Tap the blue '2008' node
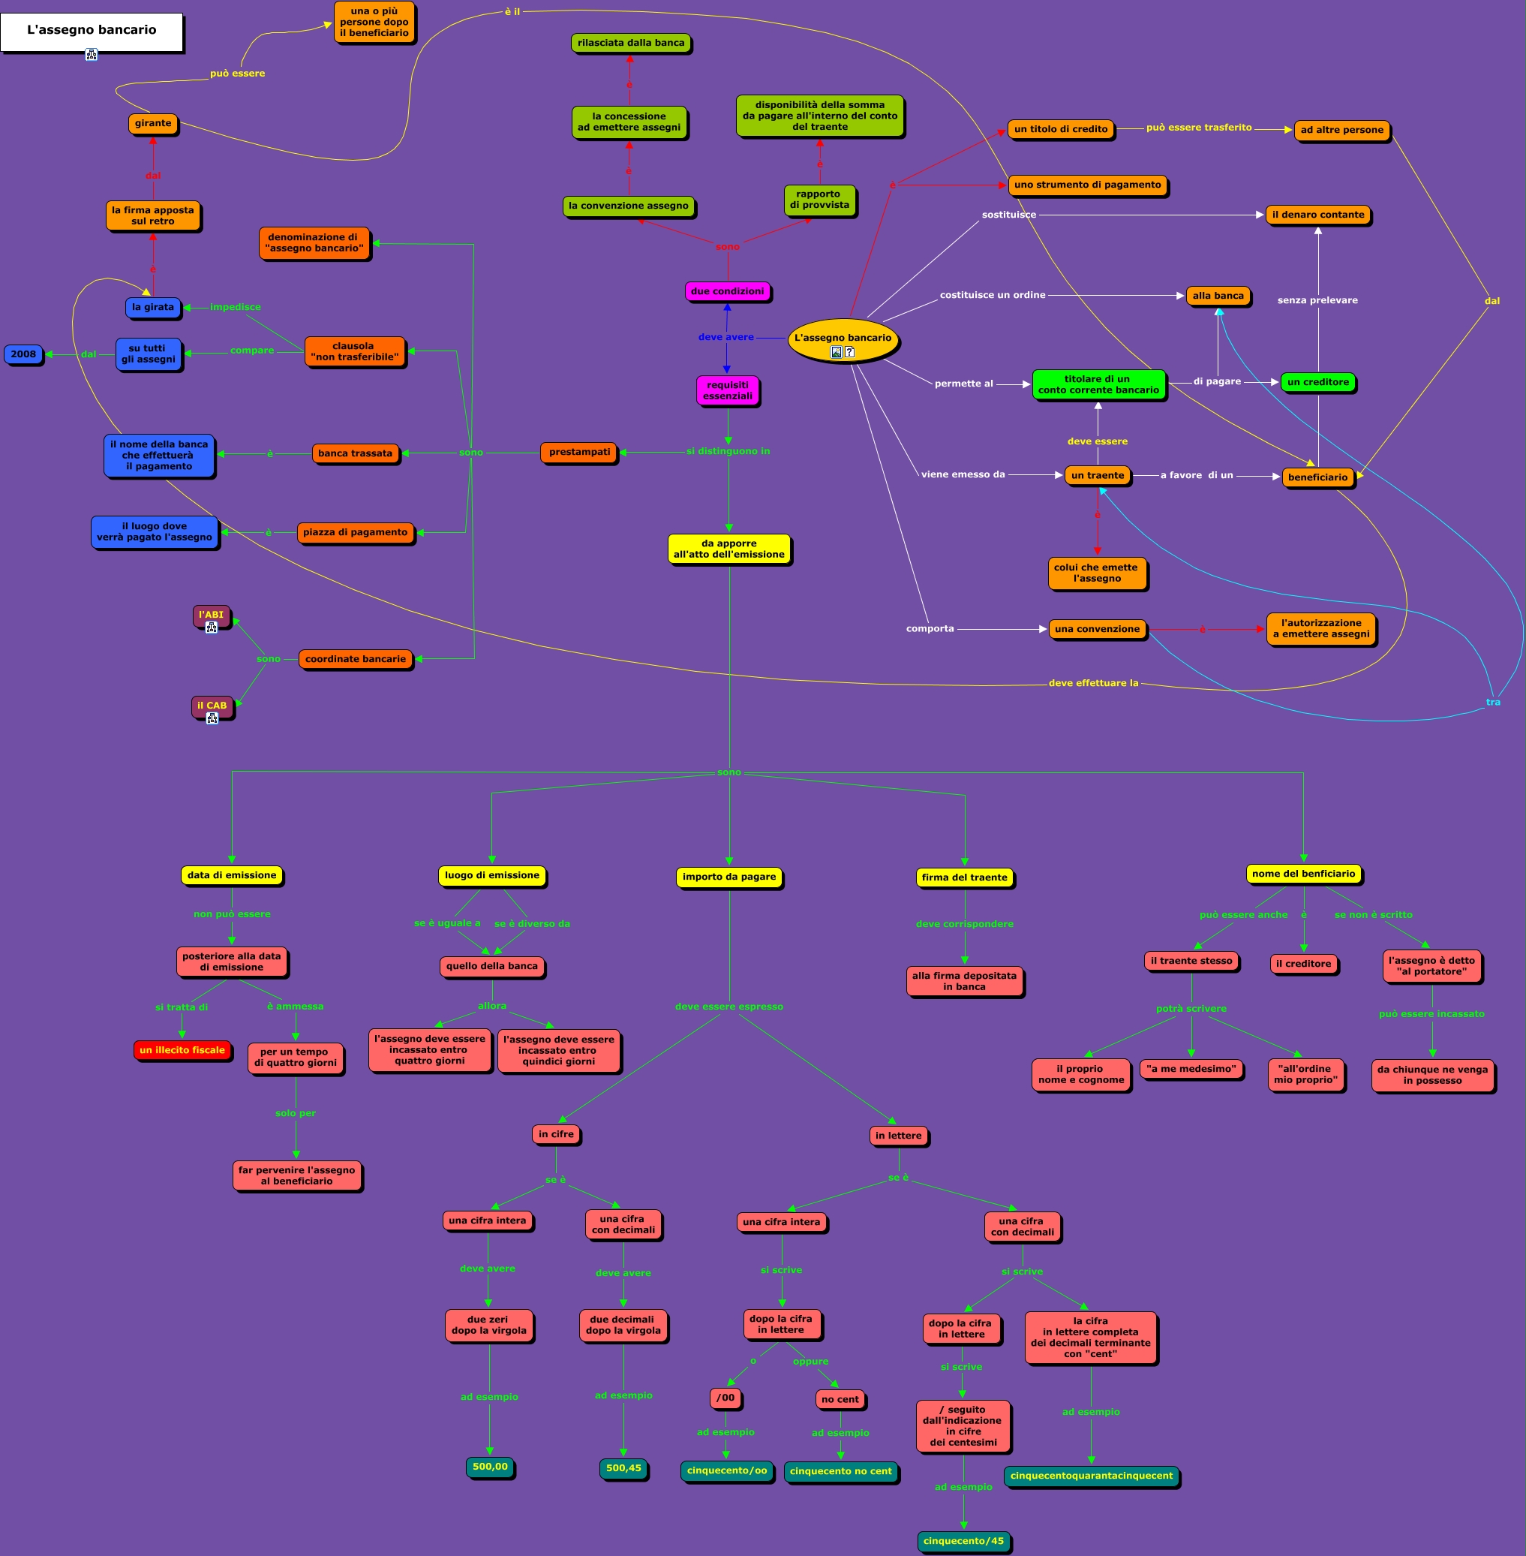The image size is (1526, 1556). pos(23,354)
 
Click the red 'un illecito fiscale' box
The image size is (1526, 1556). pos(182,1050)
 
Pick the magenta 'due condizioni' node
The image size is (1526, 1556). pos(727,292)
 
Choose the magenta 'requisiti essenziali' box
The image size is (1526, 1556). pos(727,390)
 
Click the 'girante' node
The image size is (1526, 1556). pos(152,123)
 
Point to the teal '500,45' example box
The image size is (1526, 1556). pos(623,1468)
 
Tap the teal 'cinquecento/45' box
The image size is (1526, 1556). pos(963,1541)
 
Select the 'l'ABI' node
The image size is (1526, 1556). pos(211,615)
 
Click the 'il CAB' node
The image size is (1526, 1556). pos(212,706)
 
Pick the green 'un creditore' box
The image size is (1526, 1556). pos(1317,382)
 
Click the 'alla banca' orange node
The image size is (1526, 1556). pos(1218,296)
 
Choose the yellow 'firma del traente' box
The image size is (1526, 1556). pos(964,877)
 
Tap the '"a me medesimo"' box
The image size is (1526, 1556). pos(1191,1069)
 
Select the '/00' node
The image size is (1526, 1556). pos(725,1398)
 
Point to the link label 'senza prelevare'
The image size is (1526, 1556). pos(1317,301)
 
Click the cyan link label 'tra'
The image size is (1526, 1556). pos(1492,703)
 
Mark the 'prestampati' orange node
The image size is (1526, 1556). pos(578,452)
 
